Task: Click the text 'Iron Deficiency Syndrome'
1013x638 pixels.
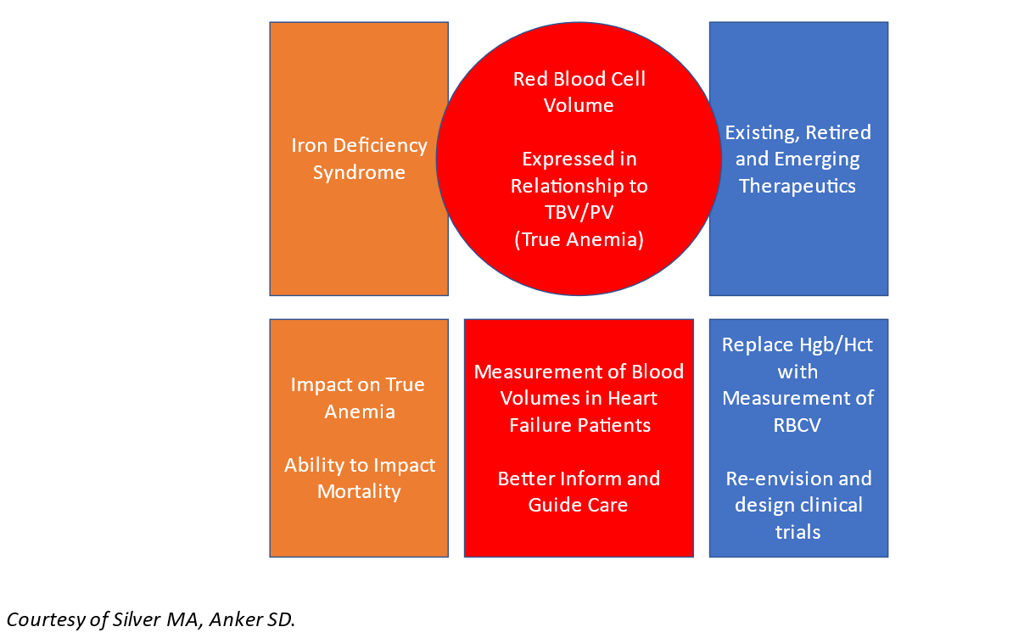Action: point(359,159)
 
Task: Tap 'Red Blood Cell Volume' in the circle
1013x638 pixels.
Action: point(579,92)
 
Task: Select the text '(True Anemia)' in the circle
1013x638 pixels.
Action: point(579,239)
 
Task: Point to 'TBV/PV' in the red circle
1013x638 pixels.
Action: point(579,212)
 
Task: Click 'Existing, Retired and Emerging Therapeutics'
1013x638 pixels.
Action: point(798,159)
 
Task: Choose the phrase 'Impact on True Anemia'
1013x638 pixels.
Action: point(359,398)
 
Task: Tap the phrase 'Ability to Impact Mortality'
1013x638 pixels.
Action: point(359,478)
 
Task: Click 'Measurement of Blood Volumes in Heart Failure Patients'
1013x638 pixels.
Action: point(579,398)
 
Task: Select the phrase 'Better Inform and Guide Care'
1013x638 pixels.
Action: point(579,491)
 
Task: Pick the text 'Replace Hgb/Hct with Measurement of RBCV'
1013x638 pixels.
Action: point(798,384)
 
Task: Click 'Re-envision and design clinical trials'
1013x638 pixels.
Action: point(798,505)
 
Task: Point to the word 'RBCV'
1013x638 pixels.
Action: point(798,425)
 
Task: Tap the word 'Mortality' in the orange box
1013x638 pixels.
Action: point(359,491)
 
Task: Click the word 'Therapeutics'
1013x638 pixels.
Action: point(798,186)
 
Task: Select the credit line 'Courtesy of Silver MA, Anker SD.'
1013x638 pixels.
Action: point(150,619)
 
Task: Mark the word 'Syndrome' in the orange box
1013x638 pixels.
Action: point(359,172)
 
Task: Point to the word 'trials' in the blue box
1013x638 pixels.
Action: point(798,532)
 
